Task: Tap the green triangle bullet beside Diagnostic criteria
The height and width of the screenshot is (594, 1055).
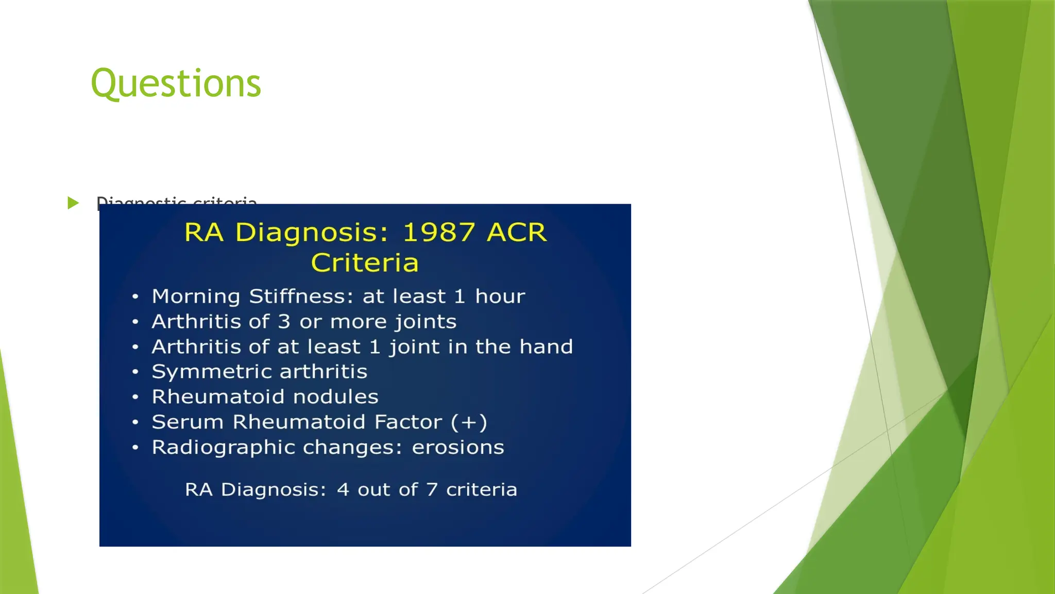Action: tap(73, 203)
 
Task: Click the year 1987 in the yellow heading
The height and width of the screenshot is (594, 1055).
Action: tap(438, 232)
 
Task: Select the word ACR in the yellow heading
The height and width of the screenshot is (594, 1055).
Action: tap(516, 232)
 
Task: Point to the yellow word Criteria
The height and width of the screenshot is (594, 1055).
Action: tap(365, 262)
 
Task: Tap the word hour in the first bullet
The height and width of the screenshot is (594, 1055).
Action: tap(500, 296)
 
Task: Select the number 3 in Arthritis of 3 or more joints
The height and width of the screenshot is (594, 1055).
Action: tap(284, 322)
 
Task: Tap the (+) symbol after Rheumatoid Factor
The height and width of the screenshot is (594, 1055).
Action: tap(469, 422)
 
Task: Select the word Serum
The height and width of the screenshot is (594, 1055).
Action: tap(188, 422)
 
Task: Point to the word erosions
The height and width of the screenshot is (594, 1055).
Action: tap(457, 448)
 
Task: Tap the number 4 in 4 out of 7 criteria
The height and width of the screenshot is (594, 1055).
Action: tap(343, 489)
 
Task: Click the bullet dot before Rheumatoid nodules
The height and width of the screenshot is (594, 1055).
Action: tap(135, 397)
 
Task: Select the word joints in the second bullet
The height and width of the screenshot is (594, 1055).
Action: tap(426, 322)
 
